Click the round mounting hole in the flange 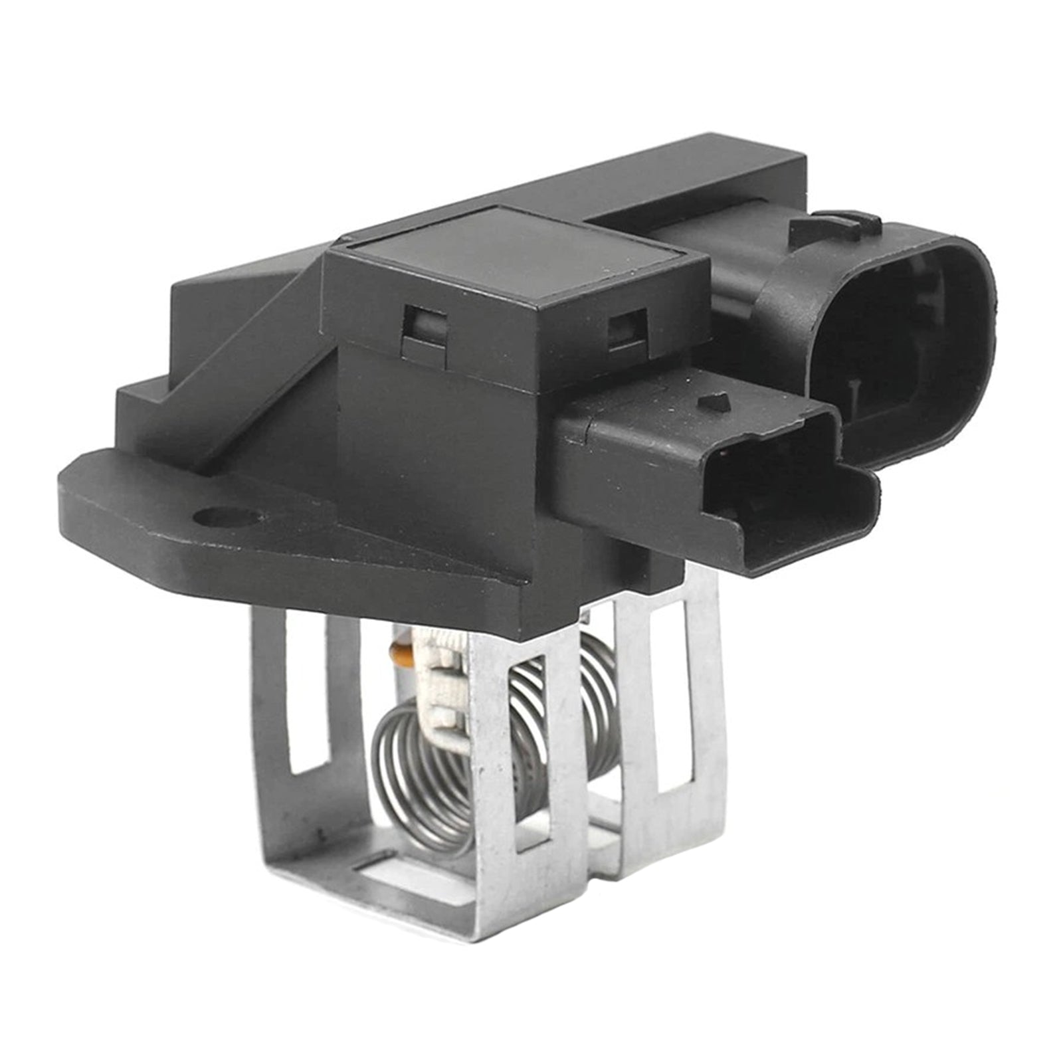pos(229,516)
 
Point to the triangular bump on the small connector pos(715,401)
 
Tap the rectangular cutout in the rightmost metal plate pos(678,691)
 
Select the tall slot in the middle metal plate pos(528,751)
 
